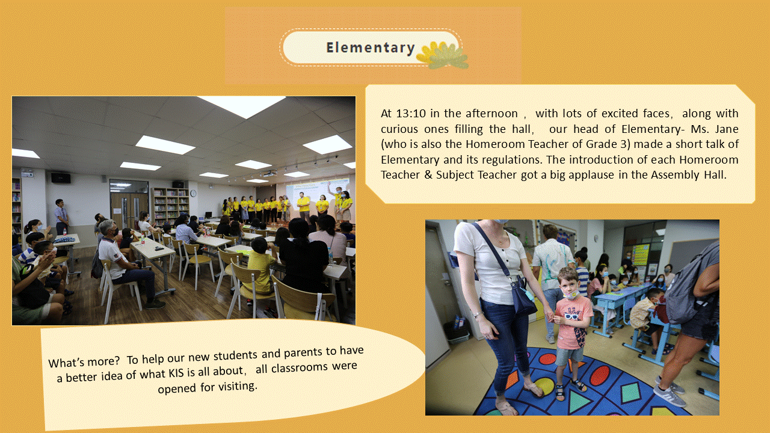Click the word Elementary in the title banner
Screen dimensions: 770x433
tap(371, 48)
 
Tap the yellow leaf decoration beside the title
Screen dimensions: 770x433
tap(442, 55)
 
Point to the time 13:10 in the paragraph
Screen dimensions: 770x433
tap(411, 114)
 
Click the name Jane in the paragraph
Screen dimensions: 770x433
tap(727, 129)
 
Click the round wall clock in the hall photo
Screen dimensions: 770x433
tap(194, 194)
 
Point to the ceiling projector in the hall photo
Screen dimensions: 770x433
tap(270, 174)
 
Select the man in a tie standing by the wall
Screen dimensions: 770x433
tap(61, 216)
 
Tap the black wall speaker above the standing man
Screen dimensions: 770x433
tap(61, 178)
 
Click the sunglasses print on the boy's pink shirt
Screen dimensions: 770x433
tap(572, 316)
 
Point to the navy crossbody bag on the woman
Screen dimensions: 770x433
tap(523, 296)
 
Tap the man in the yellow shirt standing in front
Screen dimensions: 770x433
tap(304, 206)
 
